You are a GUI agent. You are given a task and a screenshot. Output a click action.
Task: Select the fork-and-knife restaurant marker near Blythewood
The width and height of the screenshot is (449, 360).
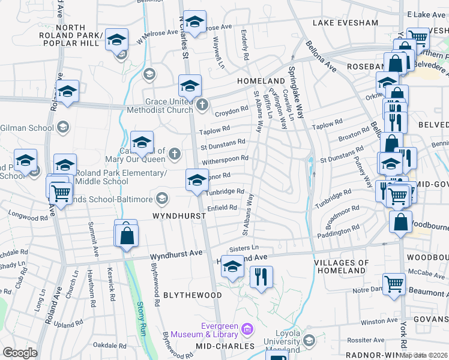coord(261,277)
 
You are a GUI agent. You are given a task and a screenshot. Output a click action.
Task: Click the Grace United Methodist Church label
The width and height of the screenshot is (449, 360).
coord(157,106)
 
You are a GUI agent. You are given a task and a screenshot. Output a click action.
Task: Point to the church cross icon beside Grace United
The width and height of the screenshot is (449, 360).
coord(202,106)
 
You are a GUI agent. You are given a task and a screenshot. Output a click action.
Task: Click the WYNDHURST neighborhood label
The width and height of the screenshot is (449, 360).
coord(176,215)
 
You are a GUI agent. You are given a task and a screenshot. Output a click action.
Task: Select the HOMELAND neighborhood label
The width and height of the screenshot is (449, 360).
coord(261,80)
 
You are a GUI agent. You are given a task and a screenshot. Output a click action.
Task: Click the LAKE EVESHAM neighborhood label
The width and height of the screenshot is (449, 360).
coord(345,23)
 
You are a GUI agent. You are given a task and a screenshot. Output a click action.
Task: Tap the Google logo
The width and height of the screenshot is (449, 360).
coord(20,352)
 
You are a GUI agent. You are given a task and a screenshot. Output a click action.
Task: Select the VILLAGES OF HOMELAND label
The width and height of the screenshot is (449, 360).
coord(350,267)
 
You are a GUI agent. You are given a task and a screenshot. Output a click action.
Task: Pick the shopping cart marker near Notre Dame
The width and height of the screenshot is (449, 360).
coord(394,283)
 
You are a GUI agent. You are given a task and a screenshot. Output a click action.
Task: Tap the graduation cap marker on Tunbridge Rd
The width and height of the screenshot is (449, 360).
coord(197,179)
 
